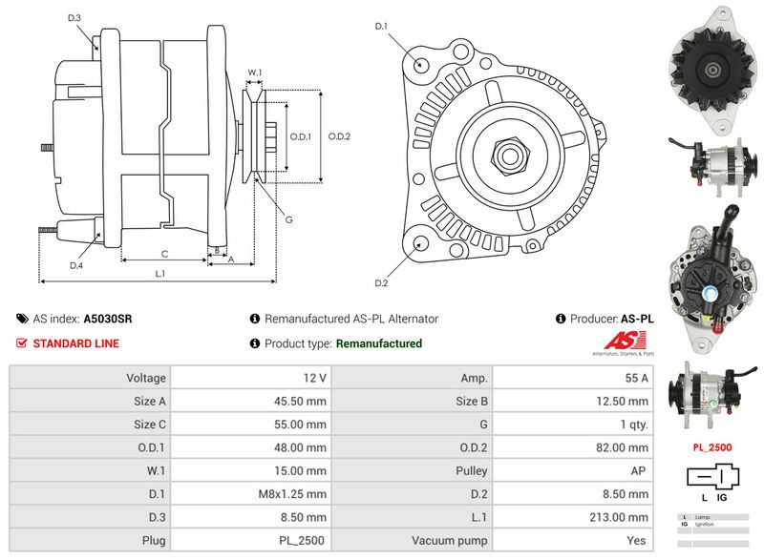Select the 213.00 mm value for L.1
click(x=618, y=517)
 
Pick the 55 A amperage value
click(x=636, y=378)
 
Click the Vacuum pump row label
click(x=450, y=541)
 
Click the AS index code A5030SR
click(x=108, y=319)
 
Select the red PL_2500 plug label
click(x=711, y=446)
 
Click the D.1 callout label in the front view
click(x=380, y=27)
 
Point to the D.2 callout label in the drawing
click(x=380, y=283)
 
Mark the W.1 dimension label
click(x=254, y=73)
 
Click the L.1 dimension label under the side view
click(x=160, y=274)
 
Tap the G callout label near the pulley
click(x=288, y=220)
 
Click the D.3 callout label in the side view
click(x=74, y=18)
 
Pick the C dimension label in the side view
click(x=164, y=253)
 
